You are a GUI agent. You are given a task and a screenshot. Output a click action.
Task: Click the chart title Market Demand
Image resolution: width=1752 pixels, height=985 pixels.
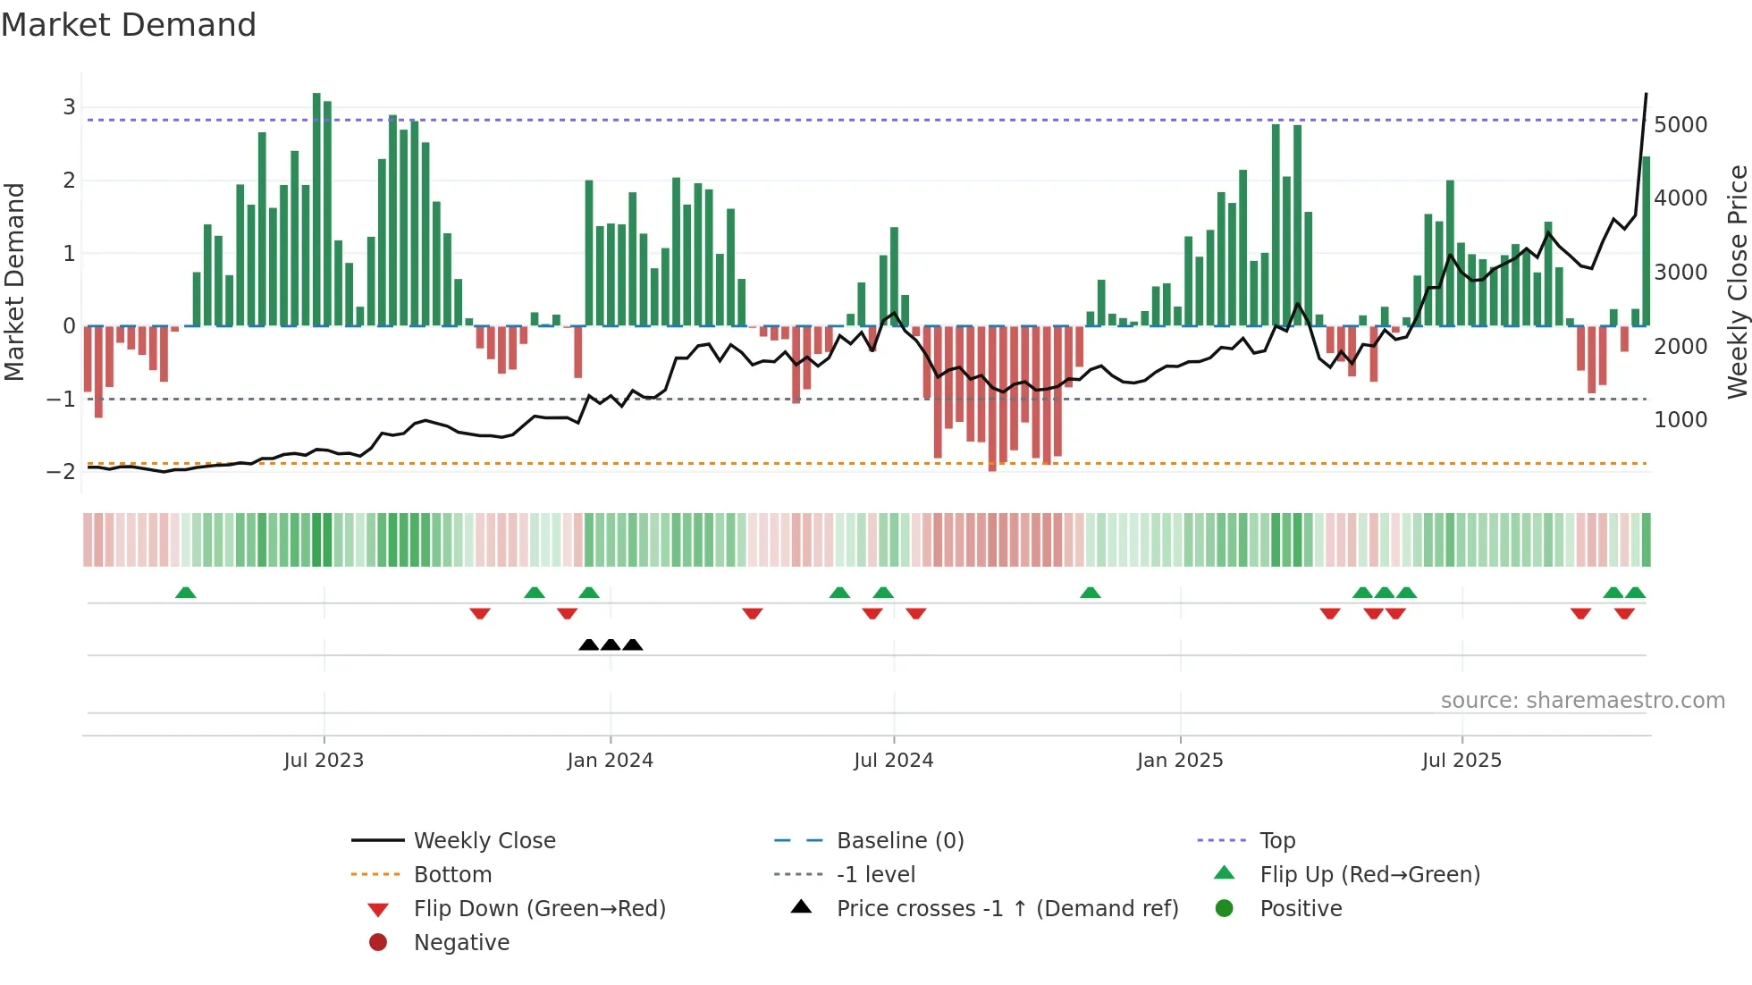(129, 25)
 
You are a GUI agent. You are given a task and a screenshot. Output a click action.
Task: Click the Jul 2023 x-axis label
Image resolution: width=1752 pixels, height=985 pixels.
(324, 761)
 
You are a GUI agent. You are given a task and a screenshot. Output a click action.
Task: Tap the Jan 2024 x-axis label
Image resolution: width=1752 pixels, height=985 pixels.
(611, 761)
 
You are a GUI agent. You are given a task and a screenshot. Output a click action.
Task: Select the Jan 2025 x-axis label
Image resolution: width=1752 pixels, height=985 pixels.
(1180, 761)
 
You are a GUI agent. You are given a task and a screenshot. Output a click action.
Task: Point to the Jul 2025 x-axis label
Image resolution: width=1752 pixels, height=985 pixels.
(1462, 761)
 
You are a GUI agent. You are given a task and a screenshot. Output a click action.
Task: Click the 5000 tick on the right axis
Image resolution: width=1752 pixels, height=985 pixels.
(1680, 125)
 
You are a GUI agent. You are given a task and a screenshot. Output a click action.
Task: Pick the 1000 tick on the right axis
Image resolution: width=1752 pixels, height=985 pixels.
(1680, 420)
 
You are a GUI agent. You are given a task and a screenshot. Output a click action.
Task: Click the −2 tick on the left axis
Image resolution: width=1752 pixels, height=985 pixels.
(62, 472)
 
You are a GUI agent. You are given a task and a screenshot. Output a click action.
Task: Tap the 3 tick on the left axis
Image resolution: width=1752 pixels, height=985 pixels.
(69, 107)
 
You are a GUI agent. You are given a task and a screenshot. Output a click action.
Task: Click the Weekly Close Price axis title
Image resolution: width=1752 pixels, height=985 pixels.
(1737, 282)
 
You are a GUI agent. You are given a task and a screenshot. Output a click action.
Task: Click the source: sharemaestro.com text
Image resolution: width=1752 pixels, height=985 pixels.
(1582, 701)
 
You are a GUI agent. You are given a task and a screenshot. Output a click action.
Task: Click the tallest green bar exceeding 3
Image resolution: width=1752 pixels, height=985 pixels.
(316, 210)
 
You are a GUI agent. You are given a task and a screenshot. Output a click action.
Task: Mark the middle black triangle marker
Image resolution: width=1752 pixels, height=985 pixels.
(611, 644)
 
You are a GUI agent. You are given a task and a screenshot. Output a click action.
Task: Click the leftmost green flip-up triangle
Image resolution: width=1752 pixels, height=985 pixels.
(186, 593)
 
